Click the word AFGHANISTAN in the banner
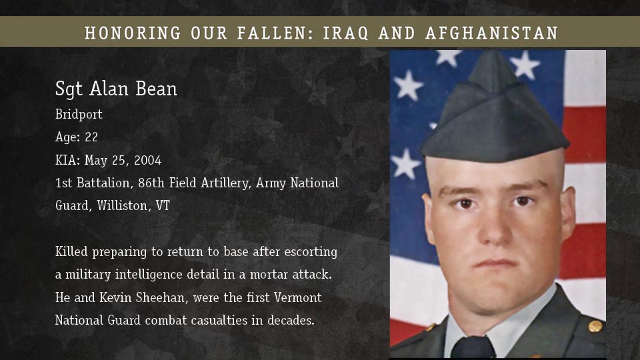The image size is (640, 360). (491, 33)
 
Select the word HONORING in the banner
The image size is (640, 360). (133, 33)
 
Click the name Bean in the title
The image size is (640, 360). (156, 89)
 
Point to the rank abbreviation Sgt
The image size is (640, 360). (69, 89)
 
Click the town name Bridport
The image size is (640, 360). (79, 114)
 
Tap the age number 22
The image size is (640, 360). (91, 137)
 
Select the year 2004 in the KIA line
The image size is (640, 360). (148, 160)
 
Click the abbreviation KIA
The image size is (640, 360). (66, 160)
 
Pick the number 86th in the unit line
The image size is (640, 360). (151, 183)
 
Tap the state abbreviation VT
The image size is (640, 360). (163, 205)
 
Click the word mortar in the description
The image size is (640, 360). (268, 274)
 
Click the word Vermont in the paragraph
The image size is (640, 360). (297, 297)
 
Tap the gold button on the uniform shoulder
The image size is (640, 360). (595, 326)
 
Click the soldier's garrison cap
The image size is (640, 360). (495, 114)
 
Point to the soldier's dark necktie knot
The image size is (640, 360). (473, 347)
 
